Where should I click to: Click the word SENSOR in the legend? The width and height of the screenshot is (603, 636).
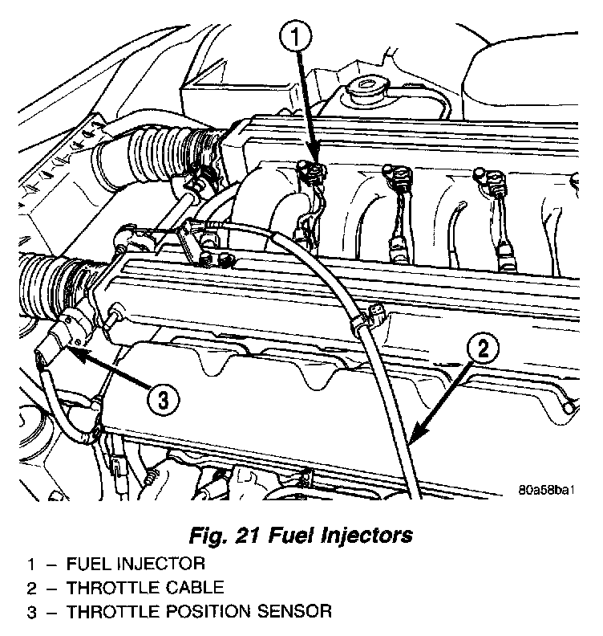click(x=297, y=612)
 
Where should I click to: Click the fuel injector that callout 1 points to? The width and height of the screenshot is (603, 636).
click(x=311, y=171)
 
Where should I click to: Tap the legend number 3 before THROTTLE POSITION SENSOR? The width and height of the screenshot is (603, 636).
click(x=32, y=612)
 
